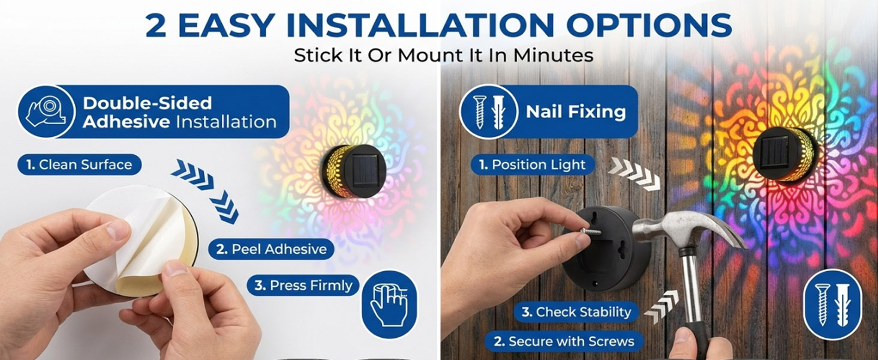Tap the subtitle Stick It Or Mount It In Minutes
[x=443, y=55]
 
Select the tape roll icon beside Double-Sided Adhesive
[x=46, y=112]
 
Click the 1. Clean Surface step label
[x=79, y=165]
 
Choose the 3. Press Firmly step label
[x=303, y=286]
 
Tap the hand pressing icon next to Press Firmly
[x=390, y=304]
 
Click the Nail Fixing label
[x=575, y=112]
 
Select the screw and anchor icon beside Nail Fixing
[x=488, y=112]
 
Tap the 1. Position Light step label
[x=533, y=165]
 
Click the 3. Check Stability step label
[x=576, y=312]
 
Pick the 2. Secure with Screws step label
[x=564, y=341]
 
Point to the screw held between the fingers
[x=590, y=232]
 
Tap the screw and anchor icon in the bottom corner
[x=832, y=304]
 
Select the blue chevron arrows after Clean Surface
[x=205, y=191]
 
